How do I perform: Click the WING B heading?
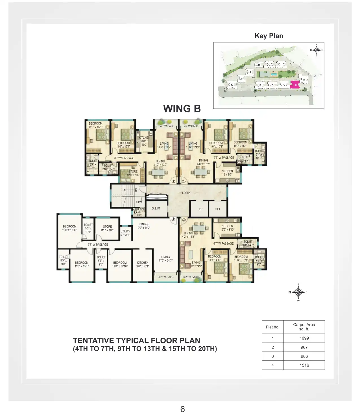pyautogui.click(x=182, y=109)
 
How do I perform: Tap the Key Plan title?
pyautogui.click(x=269, y=36)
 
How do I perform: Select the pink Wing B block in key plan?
pyautogui.click(x=295, y=85)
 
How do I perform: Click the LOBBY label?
pyautogui.click(x=186, y=193)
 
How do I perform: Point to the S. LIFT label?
pyautogui.click(x=156, y=208)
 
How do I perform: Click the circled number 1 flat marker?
pyautogui.click(x=173, y=181)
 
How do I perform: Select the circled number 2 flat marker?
pyautogui.click(x=184, y=181)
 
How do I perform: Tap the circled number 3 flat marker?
pyautogui.click(x=184, y=219)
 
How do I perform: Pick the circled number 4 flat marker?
pyautogui.click(x=173, y=219)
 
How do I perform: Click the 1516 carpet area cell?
pyautogui.click(x=304, y=365)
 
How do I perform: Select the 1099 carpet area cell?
pyautogui.click(x=304, y=338)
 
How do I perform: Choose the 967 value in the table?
pyautogui.click(x=304, y=347)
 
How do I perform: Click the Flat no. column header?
pyautogui.click(x=272, y=327)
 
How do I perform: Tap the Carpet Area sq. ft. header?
pyautogui.click(x=304, y=327)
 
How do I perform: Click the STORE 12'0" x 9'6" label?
pyautogui.click(x=133, y=173)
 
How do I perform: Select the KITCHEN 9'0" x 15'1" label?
pyautogui.click(x=143, y=264)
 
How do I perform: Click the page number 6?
pyautogui.click(x=182, y=409)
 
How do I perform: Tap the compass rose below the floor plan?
pyautogui.click(x=298, y=292)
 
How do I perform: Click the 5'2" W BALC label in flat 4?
pyautogui.click(x=166, y=277)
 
